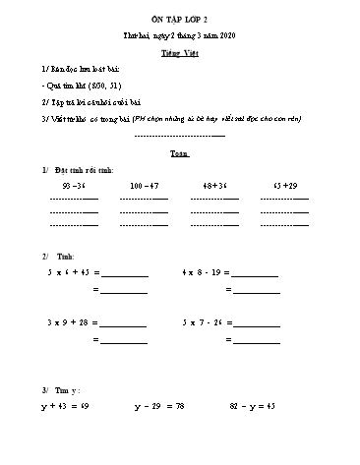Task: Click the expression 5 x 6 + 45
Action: [68, 271]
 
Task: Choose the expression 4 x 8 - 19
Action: [203, 271]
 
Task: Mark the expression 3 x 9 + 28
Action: [68, 321]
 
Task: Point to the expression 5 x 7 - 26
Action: [203, 321]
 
